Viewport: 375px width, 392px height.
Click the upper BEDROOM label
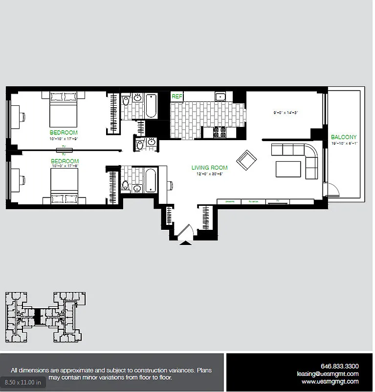click(x=64, y=132)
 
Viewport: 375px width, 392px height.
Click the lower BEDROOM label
click(x=65, y=161)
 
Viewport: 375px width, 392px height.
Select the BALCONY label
click(x=344, y=137)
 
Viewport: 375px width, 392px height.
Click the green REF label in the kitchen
click(x=176, y=97)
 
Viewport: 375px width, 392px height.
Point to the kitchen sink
click(x=221, y=97)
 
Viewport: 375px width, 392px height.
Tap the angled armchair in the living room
click(x=246, y=160)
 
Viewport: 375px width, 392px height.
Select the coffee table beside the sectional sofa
click(x=288, y=168)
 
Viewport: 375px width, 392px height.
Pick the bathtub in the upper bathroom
click(x=151, y=105)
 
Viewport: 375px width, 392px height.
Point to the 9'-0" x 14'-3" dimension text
click(x=286, y=113)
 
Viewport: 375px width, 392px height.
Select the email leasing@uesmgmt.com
click(x=328, y=373)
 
